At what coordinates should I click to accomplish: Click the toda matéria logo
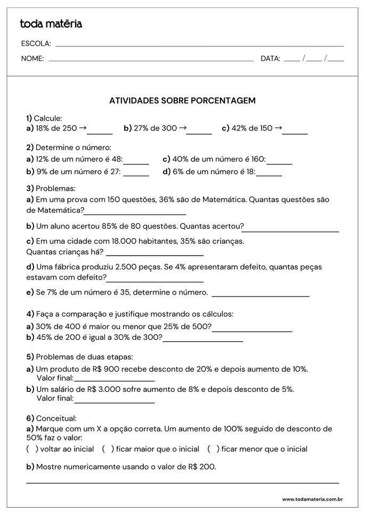(51, 24)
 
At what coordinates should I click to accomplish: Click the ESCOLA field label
(36, 44)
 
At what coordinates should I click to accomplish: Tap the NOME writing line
(151, 61)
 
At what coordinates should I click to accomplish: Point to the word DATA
(270, 59)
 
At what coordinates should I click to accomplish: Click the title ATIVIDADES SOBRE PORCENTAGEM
(182, 100)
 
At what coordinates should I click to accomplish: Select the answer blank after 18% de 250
(100, 133)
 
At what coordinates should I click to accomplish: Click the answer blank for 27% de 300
(199, 133)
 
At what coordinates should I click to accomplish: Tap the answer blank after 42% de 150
(295, 133)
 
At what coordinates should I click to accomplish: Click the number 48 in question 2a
(117, 159)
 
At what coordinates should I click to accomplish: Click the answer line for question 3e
(261, 295)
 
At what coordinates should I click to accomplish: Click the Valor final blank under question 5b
(114, 402)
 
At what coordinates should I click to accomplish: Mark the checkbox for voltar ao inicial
(32, 449)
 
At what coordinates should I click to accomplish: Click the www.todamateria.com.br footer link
(312, 499)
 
